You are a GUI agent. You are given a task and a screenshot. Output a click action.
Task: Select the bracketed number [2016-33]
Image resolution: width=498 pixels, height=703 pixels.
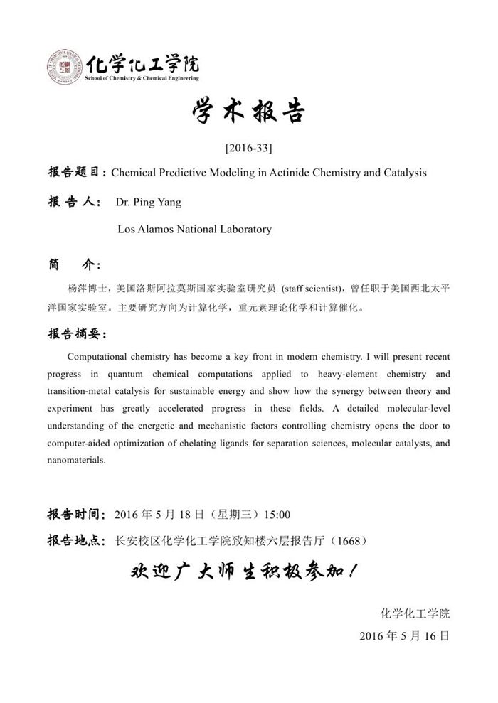coord(248,148)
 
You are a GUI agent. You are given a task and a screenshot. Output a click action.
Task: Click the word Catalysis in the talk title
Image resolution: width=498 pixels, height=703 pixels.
coord(403,173)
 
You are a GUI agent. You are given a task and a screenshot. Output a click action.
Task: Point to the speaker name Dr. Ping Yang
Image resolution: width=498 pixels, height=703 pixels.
coord(148,202)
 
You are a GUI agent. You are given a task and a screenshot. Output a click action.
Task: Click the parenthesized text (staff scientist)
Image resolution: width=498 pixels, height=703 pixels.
coord(313,289)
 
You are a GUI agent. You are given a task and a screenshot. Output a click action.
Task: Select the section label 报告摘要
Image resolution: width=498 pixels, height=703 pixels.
coord(76,333)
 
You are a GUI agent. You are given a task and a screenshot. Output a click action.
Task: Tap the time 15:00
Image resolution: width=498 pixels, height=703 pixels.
coord(277,514)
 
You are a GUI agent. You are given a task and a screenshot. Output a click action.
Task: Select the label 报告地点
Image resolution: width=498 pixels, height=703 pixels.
coord(76,541)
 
